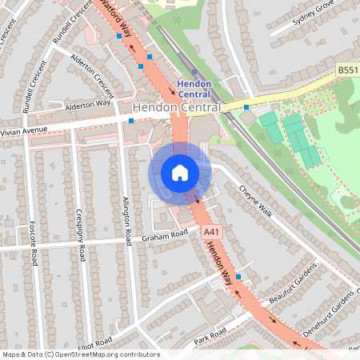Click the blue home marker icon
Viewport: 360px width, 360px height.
click(180, 173)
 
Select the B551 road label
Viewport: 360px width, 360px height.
click(347, 71)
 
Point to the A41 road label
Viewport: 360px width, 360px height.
click(211, 232)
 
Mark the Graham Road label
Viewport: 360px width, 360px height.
click(164, 234)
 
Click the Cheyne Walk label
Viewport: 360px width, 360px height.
click(256, 201)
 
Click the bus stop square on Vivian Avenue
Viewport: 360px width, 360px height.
click(131, 121)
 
